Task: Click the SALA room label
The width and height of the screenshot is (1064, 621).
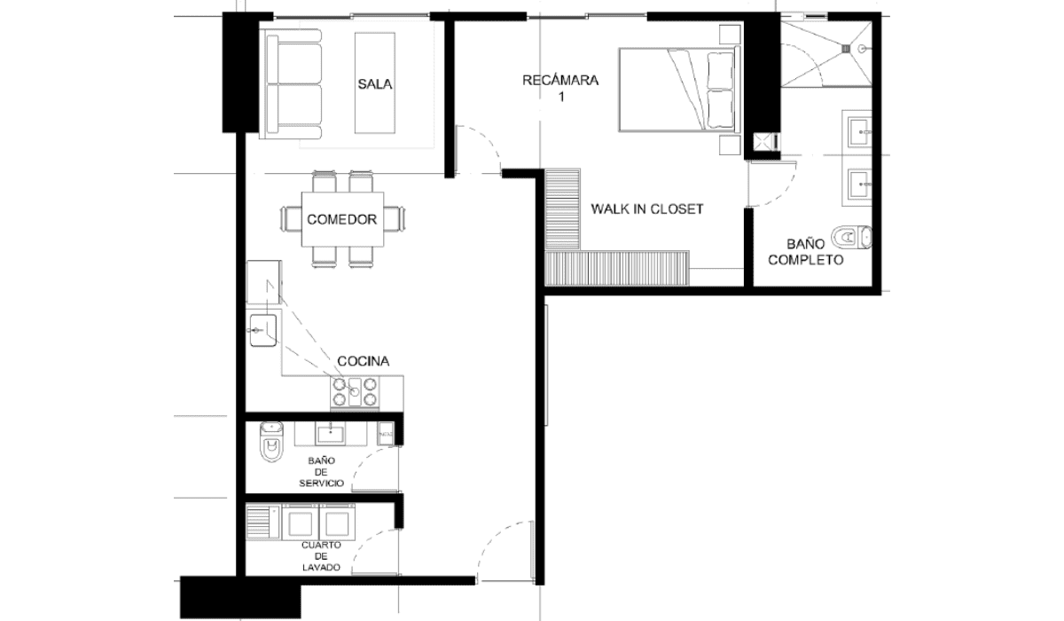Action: (x=375, y=84)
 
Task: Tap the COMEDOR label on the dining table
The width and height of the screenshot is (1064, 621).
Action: (x=342, y=219)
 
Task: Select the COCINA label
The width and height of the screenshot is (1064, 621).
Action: (x=364, y=362)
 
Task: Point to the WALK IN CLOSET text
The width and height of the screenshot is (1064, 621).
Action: (x=647, y=209)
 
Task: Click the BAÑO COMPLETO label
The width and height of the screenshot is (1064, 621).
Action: (x=806, y=252)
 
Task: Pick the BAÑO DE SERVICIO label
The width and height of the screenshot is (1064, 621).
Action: (x=322, y=472)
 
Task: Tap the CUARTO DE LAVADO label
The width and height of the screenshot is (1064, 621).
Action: (x=322, y=556)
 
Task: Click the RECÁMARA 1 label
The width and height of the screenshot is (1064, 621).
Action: (x=560, y=89)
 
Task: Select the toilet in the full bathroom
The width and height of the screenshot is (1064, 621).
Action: (x=852, y=237)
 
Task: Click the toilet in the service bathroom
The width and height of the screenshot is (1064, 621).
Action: (x=271, y=442)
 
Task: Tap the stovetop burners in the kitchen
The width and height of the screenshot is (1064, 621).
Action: (x=355, y=392)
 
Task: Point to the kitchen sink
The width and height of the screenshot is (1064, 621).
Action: (x=262, y=330)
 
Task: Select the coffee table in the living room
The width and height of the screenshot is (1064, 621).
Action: (x=375, y=83)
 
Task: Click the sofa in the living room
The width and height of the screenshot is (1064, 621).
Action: (x=290, y=84)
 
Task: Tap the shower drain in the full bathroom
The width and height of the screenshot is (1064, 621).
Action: (x=846, y=49)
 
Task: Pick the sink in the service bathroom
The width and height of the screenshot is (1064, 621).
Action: (x=330, y=435)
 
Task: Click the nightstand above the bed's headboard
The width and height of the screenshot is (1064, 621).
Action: (x=730, y=35)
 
